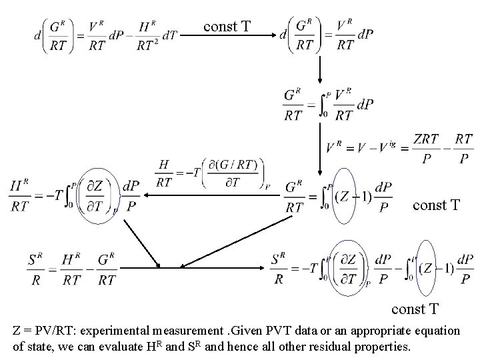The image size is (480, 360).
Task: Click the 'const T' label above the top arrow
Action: pos(227,27)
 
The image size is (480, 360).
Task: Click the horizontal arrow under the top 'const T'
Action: pos(227,37)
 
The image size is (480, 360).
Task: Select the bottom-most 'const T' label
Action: pos(415,309)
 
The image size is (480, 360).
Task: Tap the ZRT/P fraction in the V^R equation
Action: pos(426,149)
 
